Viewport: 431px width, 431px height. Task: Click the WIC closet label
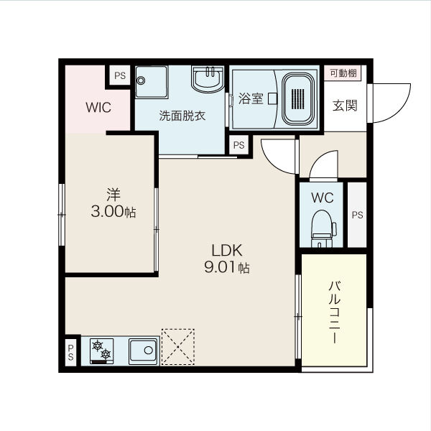pyautogui.click(x=98, y=107)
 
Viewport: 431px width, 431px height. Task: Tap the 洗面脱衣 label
pyautogui.click(x=182, y=116)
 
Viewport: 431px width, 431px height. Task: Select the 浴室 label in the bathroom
pyautogui.click(x=251, y=98)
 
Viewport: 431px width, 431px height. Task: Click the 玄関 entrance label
pyautogui.click(x=345, y=106)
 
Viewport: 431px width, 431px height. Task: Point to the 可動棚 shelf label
pyautogui.click(x=343, y=73)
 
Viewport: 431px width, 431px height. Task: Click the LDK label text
pyautogui.click(x=227, y=251)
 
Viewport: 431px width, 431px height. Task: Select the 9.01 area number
pyautogui.click(x=219, y=267)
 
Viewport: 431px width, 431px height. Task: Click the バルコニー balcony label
pyautogui.click(x=335, y=312)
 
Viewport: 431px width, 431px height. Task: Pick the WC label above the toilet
pyautogui.click(x=322, y=198)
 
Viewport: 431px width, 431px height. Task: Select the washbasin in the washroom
pyautogui.click(x=208, y=79)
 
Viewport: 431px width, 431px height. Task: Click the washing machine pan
pyautogui.click(x=152, y=82)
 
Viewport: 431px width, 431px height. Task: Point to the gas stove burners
pyautogui.click(x=101, y=351)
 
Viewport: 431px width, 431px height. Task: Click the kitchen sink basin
pyautogui.click(x=143, y=351)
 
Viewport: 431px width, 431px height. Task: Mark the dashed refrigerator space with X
pyautogui.click(x=178, y=347)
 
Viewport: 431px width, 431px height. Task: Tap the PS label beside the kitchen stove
pyautogui.click(x=70, y=353)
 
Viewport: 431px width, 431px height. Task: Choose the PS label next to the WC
pyautogui.click(x=357, y=215)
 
